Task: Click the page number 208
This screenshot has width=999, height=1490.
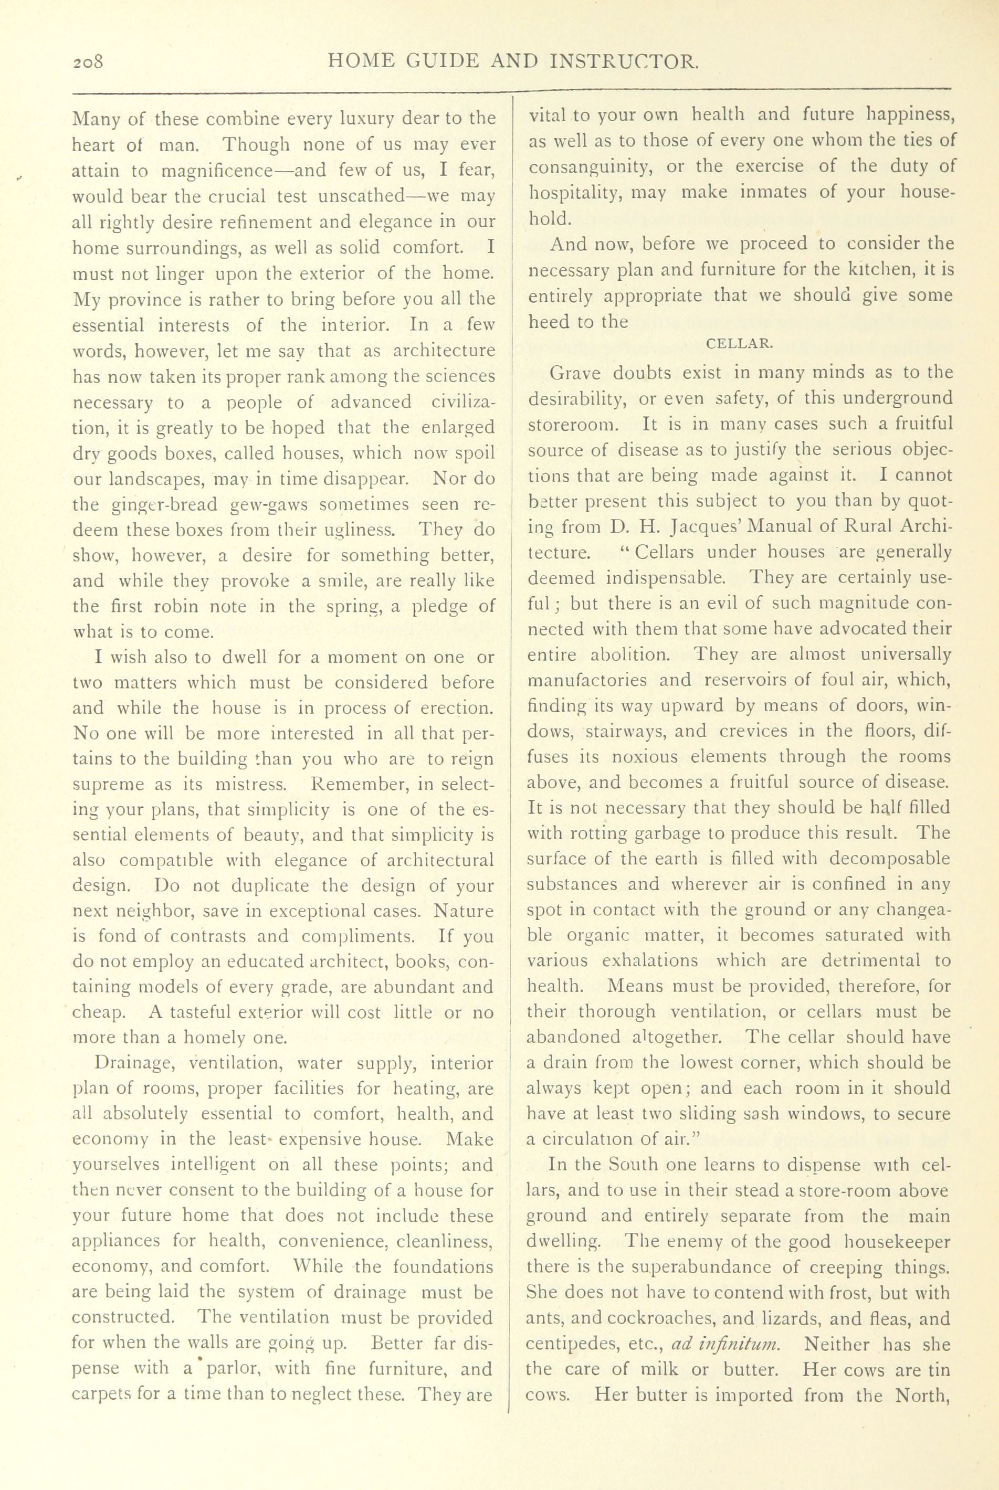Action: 92,62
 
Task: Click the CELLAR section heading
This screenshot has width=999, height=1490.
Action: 740,344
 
